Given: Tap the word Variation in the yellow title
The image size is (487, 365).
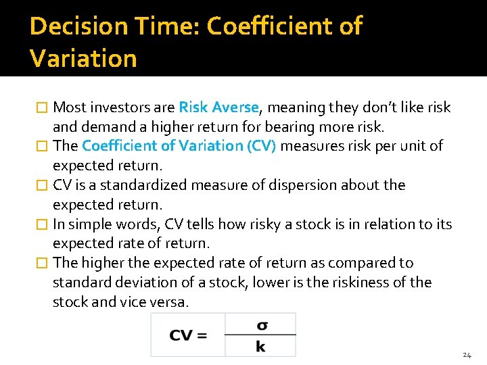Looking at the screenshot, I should pyautogui.click(x=83, y=58).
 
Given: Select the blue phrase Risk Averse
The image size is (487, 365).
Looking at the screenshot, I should pyautogui.click(x=218, y=107).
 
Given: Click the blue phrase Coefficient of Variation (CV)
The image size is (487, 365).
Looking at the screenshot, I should pyautogui.click(x=179, y=146).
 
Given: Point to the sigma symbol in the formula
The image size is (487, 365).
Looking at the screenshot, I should pyautogui.click(x=261, y=324).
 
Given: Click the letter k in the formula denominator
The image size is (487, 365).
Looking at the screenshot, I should pyautogui.click(x=260, y=346).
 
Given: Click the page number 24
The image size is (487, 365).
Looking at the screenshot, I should pyautogui.click(x=467, y=355).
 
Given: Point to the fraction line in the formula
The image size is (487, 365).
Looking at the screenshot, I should pyautogui.click(x=260, y=335).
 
